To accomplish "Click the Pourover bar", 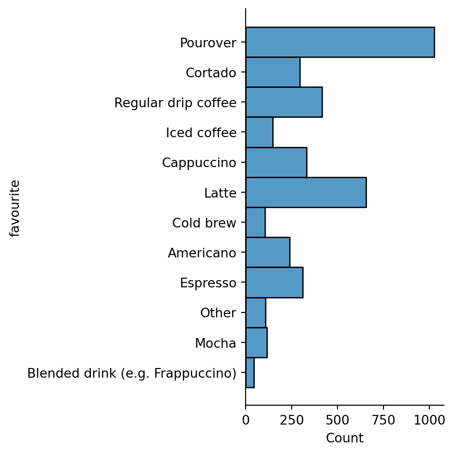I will pyautogui.click(x=339, y=43).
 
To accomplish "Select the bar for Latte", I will pyautogui.click(x=306, y=192).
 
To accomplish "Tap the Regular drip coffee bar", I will pyautogui.click(x=283, y=102).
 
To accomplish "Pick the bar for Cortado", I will pyautogui.click(x=272, y=72).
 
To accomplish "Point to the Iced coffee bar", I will pyautogui.click(x=259, y=132).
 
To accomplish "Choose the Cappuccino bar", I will pyautogui.click(x=276, y=162).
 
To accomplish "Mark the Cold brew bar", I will pyautogui.click(x=255, y=222).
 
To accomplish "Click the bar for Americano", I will pyautogui.click(x=267, y=252).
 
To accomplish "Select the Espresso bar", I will pyautogui.click(x=274, y=282).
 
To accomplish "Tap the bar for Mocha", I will pyautogui.click(x=256, y=342).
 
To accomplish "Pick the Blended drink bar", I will pyautogui.click(x=250, y=372).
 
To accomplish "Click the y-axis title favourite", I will pyautogui.click(x=15, y=208).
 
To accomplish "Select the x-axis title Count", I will pyautogui.click(x=344, y=438).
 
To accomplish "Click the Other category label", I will pyautogui.click(x=218, y=313).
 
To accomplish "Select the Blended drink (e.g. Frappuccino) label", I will pyautogui.click(x=132, y=373).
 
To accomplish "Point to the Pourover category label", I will pyautogui.click(x=208, y=43).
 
